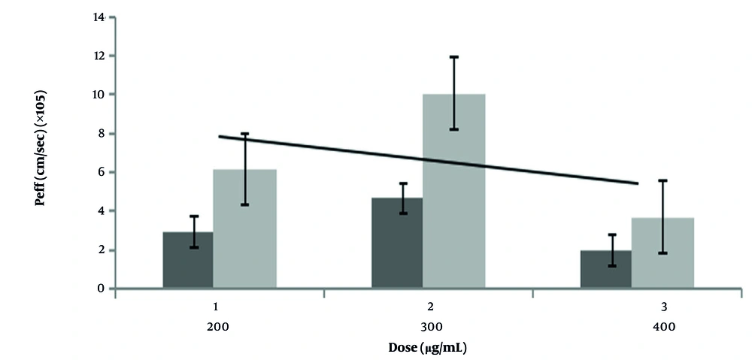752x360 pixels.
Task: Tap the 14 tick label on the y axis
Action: tap(98, 17)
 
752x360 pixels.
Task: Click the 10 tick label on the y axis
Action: tap(98, 95)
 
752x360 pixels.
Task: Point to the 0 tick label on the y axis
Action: tap(101, 289)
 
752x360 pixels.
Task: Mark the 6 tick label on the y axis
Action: tap(101, 173)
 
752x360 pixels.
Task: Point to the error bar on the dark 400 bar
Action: tap(612, 250)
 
